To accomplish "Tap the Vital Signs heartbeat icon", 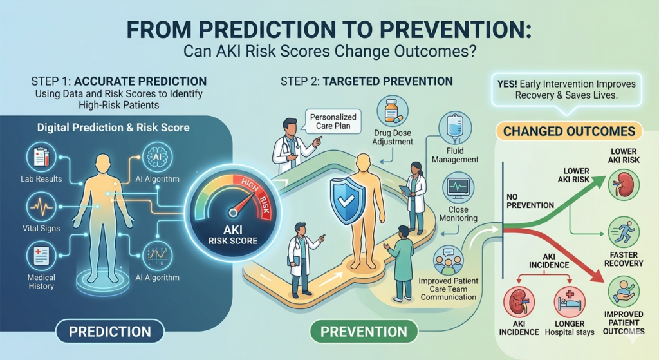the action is pyautogui.click(x=41, y=207).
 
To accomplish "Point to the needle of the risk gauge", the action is pyautogui.click(x=245, y=202).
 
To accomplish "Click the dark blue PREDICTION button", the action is pyautogui.click(x=109, y=332).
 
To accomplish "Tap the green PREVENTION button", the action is pyautogui.click(x=364, y=332).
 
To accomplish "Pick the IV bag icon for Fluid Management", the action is pyautogui.click(x=455, y=129).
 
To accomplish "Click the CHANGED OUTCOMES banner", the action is pyautogui.click(x=569, y=131).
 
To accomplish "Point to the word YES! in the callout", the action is pyautogui.click(x=507, y=84).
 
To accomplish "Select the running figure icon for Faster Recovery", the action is pyautogui.click(x=624, y=232).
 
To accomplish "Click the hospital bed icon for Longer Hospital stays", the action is pyautogui.click(x=570, y=303).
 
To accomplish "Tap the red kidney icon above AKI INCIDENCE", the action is pyautogui.click(x=519, y=303).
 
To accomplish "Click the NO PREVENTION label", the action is pyautogui.click(x=530, y=201).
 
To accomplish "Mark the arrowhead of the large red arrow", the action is pyautogui.click(x=597, y=275).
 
